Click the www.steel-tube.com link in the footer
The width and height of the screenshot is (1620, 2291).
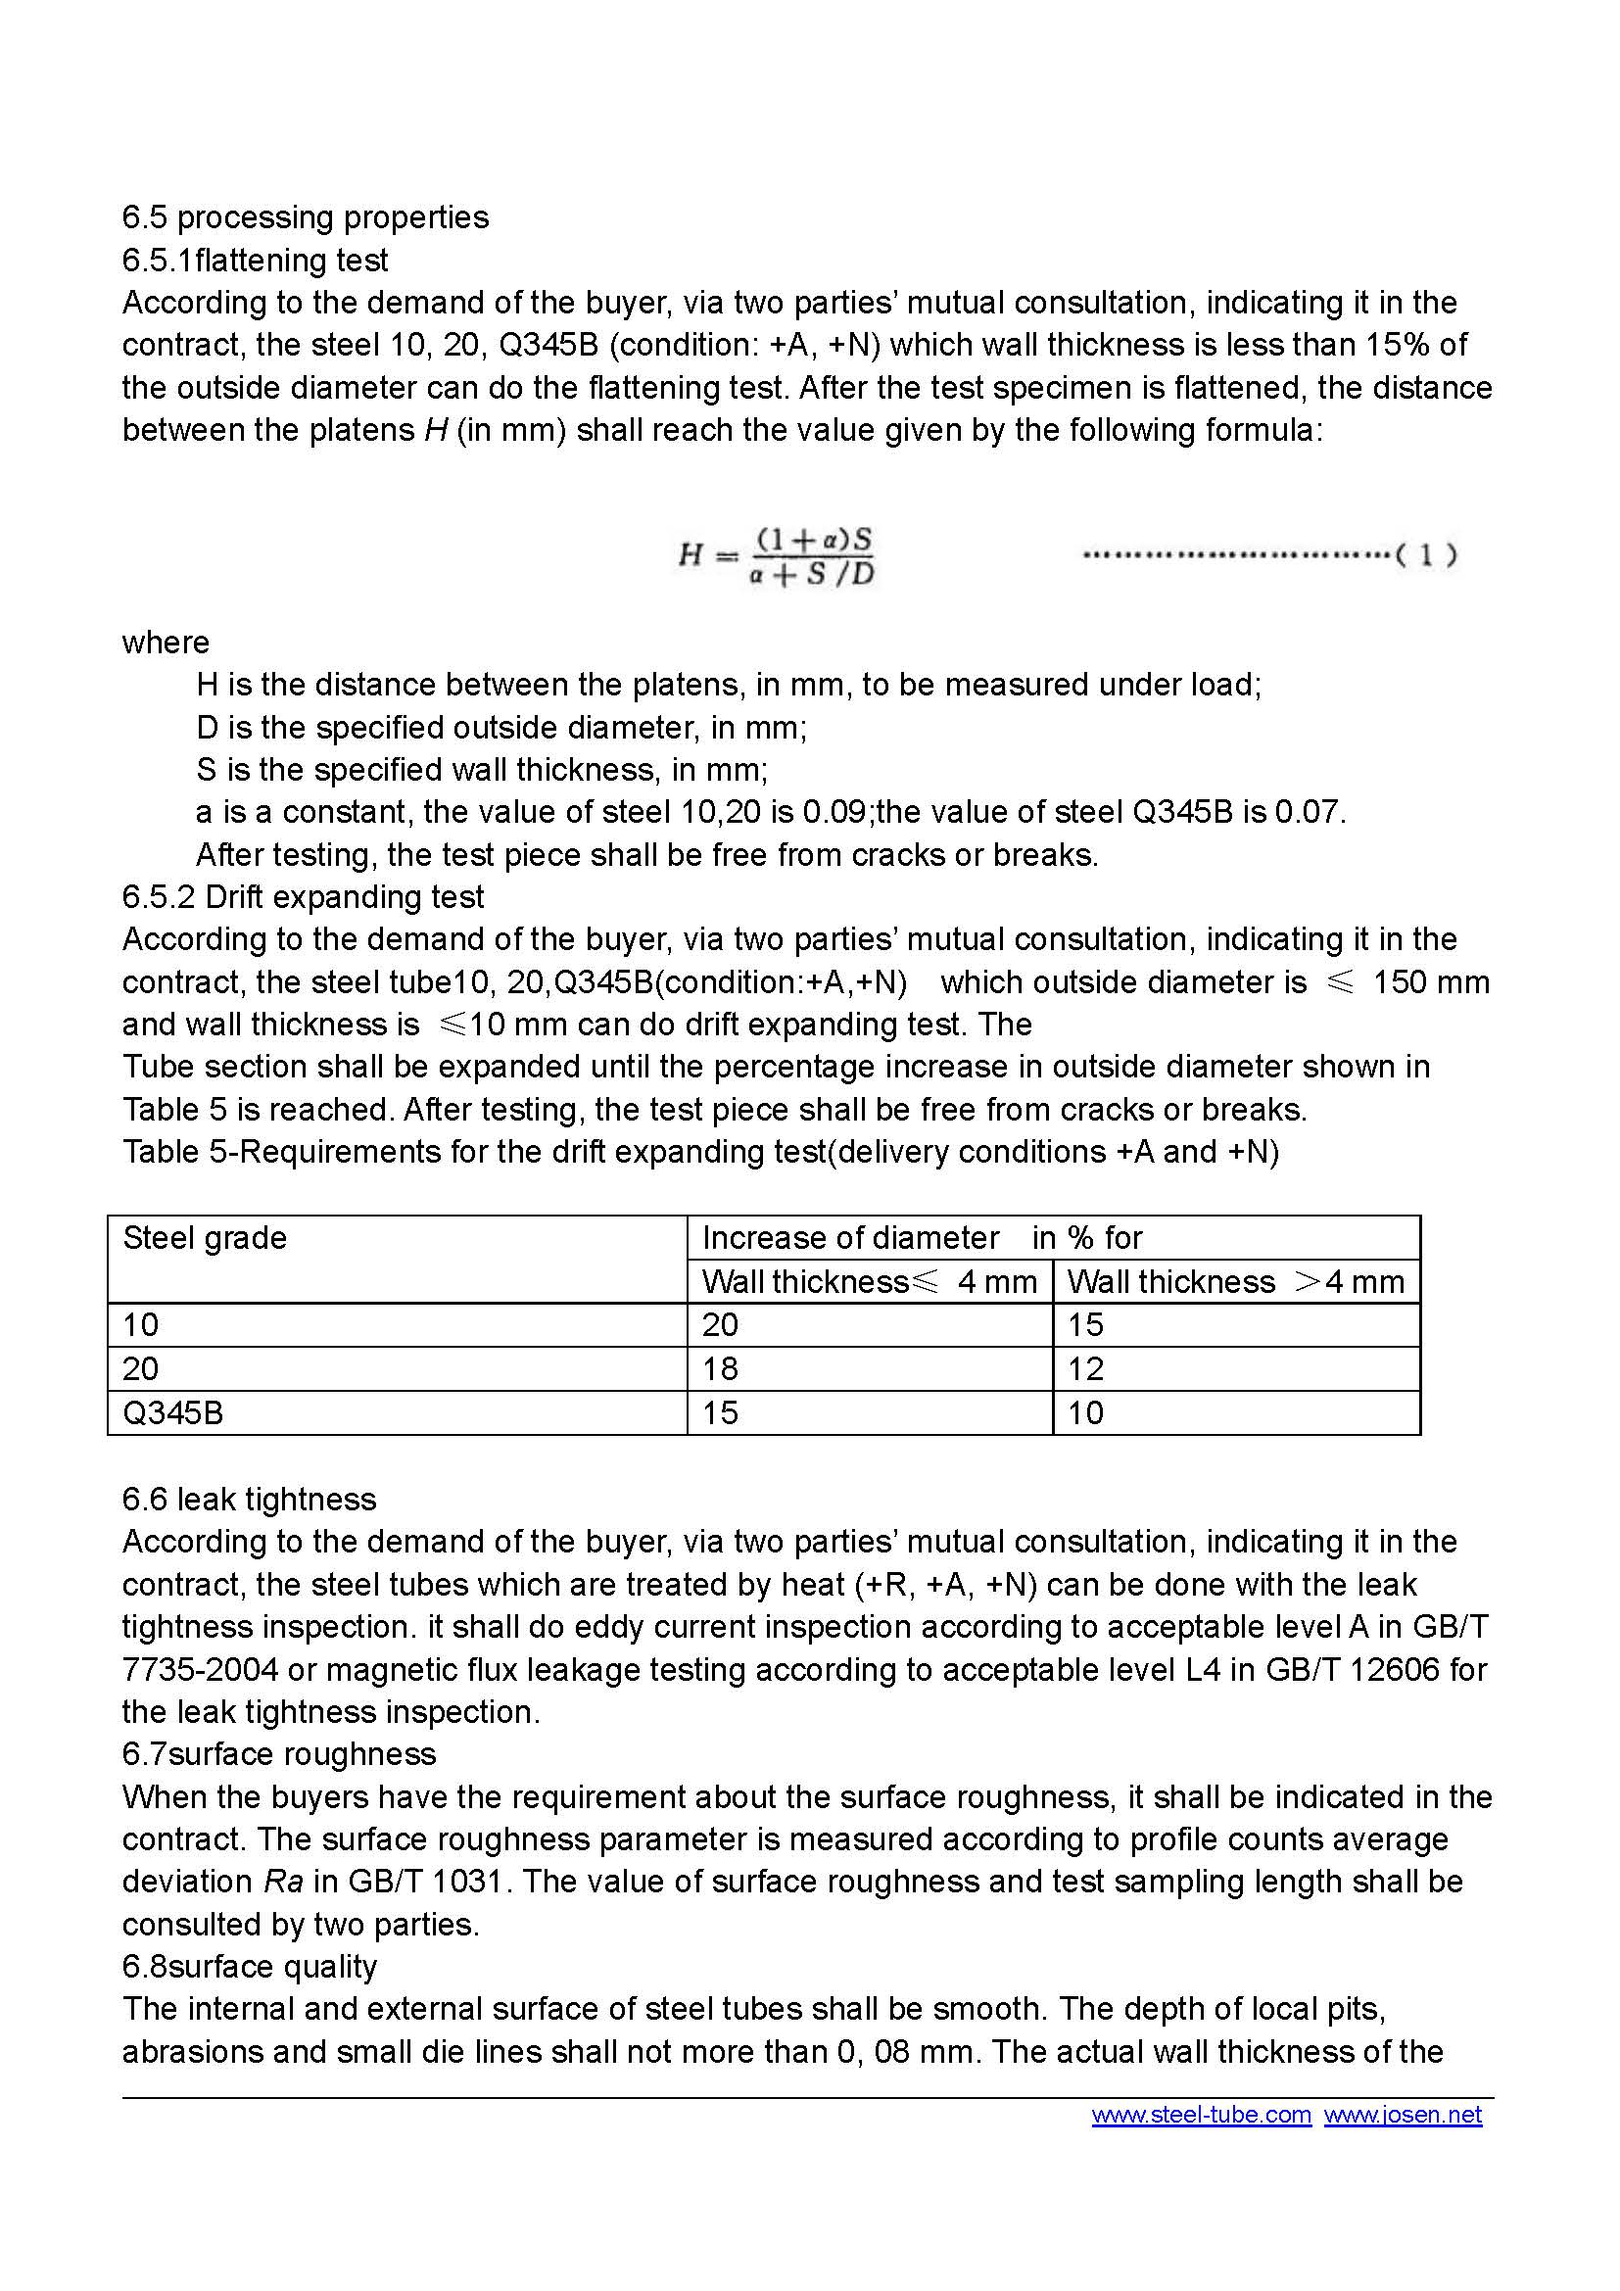[x=1201, y=2115]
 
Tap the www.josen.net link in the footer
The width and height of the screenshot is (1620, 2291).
[x=1403, y=2115]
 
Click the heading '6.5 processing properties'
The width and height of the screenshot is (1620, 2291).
[x=306, y=217]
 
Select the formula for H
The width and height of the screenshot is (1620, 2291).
[x=776, y=555]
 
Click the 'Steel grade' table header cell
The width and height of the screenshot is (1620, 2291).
[x=205, y=1238]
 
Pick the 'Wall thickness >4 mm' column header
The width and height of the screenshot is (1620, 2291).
[x=1235, y=1282]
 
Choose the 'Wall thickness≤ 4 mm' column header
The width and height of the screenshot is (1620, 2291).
[x=869, y=1282]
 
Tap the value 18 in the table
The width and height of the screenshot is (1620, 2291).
[x=719, y=1369]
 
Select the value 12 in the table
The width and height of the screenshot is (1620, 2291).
[x=1085, y=1369]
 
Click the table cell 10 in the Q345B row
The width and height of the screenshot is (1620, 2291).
[x=1085, y=1413]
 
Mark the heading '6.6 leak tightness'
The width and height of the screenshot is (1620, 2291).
[x=250, y=1500]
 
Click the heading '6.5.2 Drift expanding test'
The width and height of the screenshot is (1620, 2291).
[x=304, y=897]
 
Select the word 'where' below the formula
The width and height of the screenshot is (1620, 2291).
[x=166, y=643]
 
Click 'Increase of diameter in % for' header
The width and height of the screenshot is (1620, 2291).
[x=922, y=1238]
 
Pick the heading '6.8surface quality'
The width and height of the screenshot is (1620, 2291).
[x=250, y=1967]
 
